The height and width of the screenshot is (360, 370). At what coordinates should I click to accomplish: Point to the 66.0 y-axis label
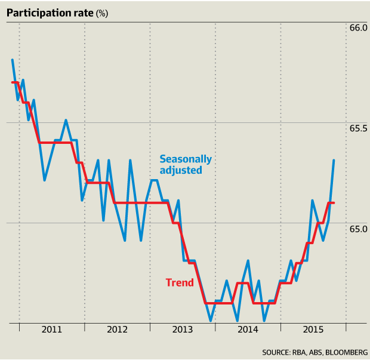pos(357,27)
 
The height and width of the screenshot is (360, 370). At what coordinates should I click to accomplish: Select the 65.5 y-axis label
pos(357,128)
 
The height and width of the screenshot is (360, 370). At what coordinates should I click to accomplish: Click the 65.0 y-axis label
pos(357,229)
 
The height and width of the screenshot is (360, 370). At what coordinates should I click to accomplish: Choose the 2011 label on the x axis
pos(52,330)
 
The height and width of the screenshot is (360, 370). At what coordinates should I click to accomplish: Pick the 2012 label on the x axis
pos(117,330)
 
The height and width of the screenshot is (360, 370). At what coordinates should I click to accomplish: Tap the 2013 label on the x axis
pos(182,330)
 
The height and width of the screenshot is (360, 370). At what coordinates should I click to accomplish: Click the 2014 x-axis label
pos(247,330)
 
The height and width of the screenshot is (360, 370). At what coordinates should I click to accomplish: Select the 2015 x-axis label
pos(313,330)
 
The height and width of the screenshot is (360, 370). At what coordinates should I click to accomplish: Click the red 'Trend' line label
pos(180,282)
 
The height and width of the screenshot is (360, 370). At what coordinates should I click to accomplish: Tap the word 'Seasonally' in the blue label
pos(186,159)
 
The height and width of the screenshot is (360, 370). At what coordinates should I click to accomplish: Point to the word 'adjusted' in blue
pos(181,170)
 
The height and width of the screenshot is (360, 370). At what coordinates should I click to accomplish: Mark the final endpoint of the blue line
pos(334,160)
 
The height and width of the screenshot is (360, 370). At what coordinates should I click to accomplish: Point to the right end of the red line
pos(334,203)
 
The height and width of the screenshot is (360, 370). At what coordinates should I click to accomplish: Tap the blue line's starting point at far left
pos(12,60)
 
